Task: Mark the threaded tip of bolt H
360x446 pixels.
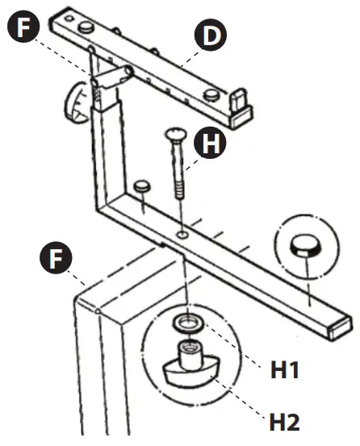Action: coord(179,193)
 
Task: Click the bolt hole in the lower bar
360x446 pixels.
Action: coord(184,234)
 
